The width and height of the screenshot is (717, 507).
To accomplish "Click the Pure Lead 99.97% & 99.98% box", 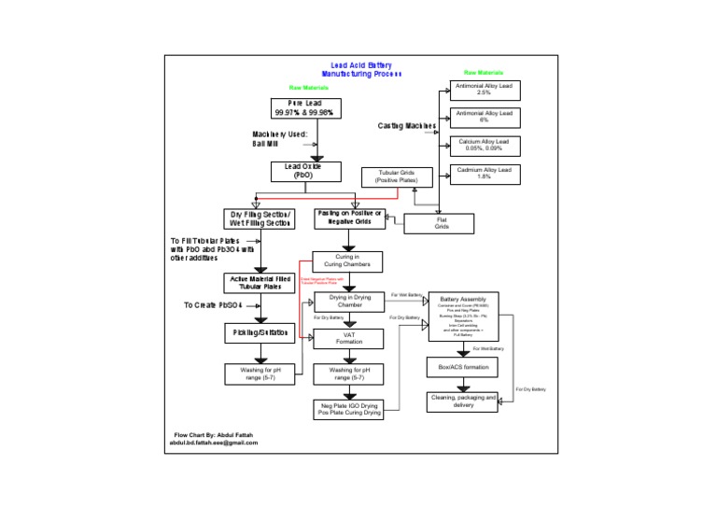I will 306,108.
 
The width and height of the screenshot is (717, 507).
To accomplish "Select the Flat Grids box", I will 441,224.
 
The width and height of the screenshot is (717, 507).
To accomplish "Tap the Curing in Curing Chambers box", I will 346,261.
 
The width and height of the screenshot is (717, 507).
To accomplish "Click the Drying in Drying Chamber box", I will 349,301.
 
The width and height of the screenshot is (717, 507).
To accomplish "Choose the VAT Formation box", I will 349,338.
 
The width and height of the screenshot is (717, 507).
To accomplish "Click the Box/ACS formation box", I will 463,368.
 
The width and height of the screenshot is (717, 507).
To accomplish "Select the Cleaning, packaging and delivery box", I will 463,401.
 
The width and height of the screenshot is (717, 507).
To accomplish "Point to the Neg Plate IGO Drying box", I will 348,410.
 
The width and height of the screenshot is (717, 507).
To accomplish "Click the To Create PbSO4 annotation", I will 213,305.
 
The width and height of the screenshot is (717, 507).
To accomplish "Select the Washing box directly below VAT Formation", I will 349,373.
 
